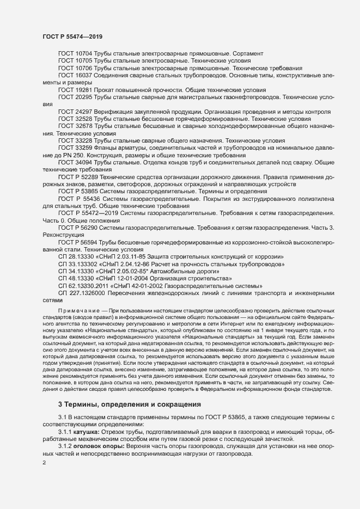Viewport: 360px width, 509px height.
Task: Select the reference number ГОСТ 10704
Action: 75,54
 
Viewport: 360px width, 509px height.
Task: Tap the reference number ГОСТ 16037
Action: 75,75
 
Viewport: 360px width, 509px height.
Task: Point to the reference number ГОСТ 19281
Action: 75,89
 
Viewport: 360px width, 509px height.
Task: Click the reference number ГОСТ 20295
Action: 75,96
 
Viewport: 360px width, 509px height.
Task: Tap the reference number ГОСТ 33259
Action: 75,147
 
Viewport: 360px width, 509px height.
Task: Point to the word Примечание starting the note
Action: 80,309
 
